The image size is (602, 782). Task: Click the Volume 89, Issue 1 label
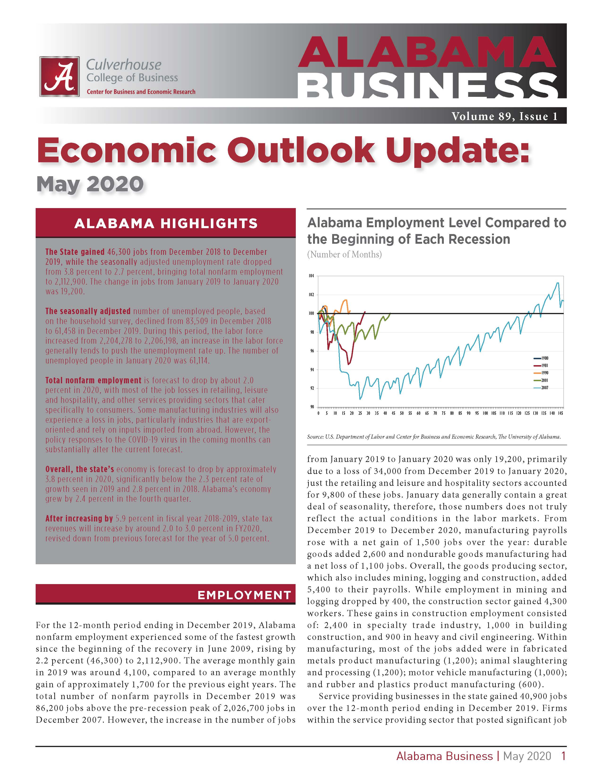[x=504, y=116]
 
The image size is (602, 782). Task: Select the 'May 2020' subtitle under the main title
[x=90, y=184]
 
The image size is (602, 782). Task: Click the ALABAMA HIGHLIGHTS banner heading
[x=166, y=223]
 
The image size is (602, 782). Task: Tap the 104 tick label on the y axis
[x=311, y=276]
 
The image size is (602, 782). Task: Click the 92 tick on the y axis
[x=311, y=388]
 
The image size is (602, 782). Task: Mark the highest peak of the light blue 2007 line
[x=557, y=283]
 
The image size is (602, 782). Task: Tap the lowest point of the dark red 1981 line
[x=349, y=364]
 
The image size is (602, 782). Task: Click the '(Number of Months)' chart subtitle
[x=344, y=255]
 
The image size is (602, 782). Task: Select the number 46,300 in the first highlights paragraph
[x=120, y=252]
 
